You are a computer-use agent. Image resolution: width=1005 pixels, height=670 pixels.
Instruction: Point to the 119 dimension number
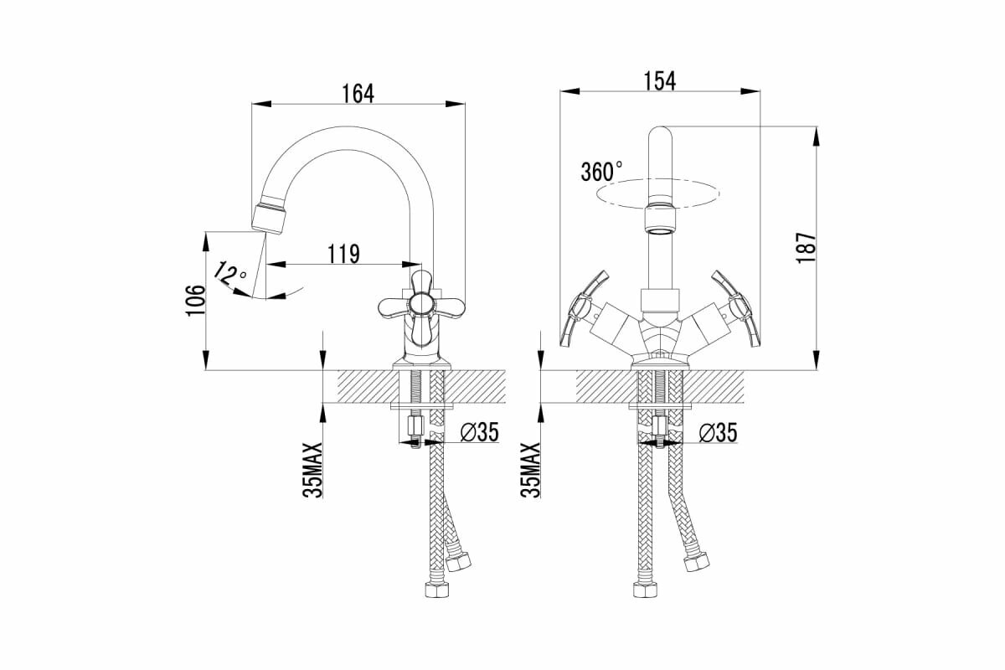343,253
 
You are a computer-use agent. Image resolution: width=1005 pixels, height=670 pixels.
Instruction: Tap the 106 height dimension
194,301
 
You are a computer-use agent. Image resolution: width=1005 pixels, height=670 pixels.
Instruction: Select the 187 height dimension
806,249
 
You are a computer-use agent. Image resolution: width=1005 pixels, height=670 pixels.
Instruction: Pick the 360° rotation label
601,172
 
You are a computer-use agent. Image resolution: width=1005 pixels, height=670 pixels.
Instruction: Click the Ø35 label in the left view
480,432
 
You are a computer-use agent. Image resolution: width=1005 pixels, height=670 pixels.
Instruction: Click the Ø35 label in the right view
717,432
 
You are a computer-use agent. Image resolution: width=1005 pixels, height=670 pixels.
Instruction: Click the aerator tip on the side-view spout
270,215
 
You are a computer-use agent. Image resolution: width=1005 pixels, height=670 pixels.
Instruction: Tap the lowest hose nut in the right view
646,590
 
